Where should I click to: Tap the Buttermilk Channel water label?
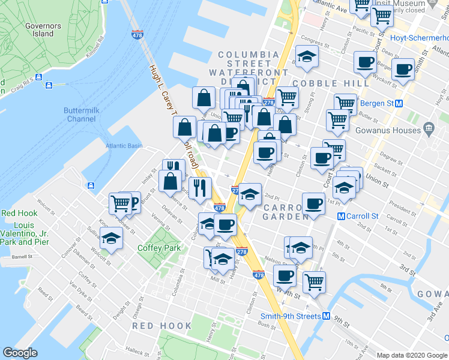[x=80, y=115]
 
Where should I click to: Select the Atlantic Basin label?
[x=124, y=146]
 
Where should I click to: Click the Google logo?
[x=20, y=353]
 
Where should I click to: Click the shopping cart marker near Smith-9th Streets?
[x=313, y=281]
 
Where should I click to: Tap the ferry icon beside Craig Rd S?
[x=38, y=77]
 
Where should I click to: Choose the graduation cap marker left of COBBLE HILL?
[x=307, y=58]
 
